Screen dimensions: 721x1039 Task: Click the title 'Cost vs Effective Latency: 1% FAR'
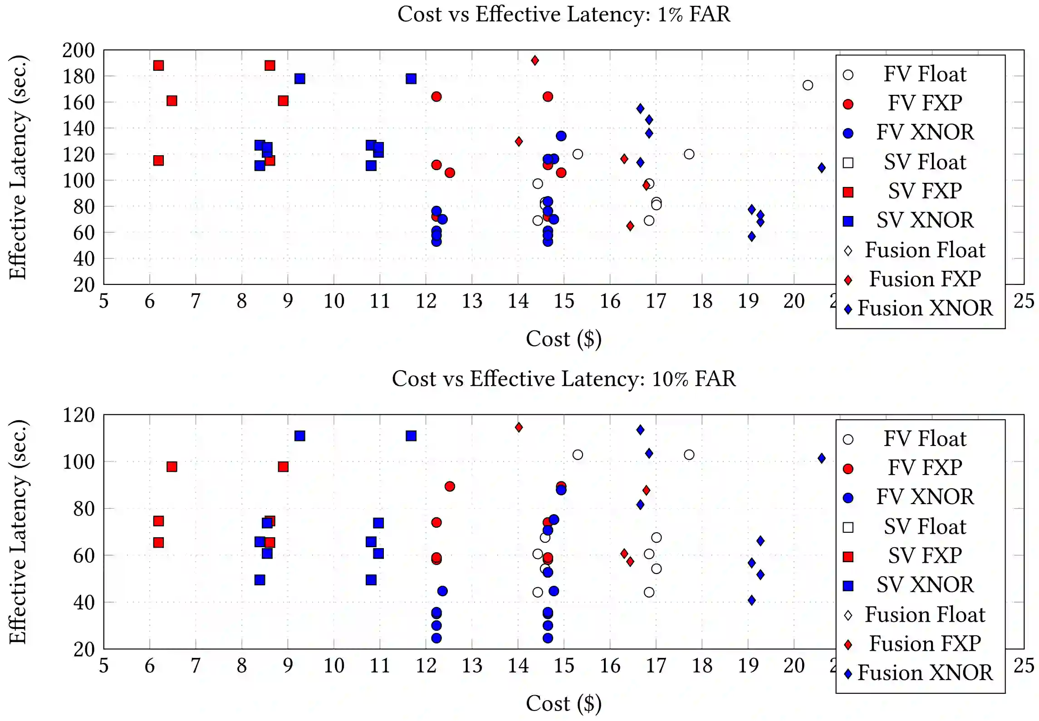(564, 14)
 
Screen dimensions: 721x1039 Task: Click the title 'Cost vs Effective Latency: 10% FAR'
(564, 379)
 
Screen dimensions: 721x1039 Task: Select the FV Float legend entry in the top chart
(924, 74)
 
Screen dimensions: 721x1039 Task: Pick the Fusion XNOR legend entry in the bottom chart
(924, 673)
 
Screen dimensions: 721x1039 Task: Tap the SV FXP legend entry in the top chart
(924, 191)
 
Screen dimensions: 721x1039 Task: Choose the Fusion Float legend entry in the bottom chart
(924, 615)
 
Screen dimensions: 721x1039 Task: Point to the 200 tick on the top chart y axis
(78, 50)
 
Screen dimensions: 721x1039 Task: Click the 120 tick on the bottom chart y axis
(78, 415)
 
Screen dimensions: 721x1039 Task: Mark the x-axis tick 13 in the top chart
(472, 301)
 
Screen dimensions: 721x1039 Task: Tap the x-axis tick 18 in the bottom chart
(702, 666)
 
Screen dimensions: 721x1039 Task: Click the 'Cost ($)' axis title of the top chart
(564, 339)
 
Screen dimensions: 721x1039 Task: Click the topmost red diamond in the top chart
(535, 60)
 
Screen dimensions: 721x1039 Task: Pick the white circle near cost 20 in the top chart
(808, 85)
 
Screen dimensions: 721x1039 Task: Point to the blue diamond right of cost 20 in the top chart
(822, 168)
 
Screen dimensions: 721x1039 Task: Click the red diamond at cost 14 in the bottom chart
(519, 427)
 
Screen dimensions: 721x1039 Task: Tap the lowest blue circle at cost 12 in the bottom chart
(436, 638)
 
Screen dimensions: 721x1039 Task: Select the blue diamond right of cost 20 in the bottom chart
(822, 458)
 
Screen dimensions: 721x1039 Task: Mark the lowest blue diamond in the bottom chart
(752, 601)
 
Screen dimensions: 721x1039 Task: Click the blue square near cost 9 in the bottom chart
(300, 436)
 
